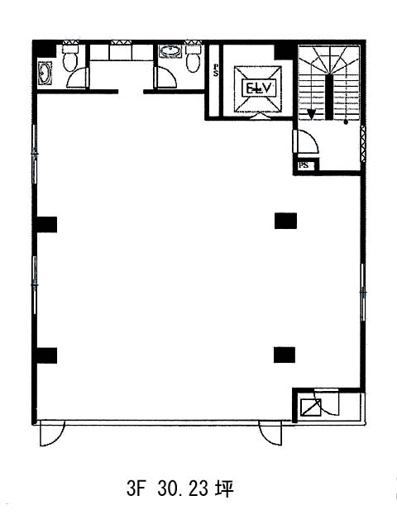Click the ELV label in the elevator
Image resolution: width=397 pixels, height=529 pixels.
coord(258,88)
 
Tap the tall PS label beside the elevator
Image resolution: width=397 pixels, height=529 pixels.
coord(215,70)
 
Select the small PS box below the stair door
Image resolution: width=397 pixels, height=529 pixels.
coord(304,165)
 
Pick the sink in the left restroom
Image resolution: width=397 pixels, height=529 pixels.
coord(45,72)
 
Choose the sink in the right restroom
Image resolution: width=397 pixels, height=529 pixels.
coord(170,51)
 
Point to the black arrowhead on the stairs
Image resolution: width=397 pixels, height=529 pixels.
coord(311,114)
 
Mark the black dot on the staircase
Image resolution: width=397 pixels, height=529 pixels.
coord(346,122)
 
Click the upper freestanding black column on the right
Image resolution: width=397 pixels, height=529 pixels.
coord(285,221)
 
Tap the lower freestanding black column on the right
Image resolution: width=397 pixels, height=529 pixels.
coord(285,355)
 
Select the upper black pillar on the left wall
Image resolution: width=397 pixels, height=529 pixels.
coord(46,225)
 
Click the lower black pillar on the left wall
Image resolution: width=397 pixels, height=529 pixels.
coord(46,355)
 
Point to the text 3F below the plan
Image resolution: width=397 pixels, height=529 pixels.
coord(136,488)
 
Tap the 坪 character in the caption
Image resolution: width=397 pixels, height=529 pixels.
coord(224,488)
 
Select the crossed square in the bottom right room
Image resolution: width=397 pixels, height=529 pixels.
coord(311,407)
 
